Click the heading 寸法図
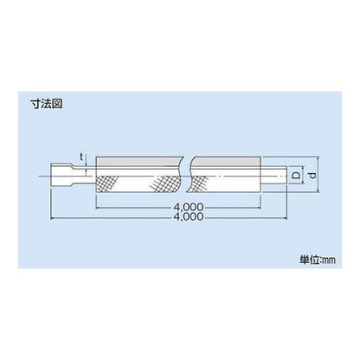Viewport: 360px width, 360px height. tap(47, 104)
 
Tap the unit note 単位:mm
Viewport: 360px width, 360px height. tap(318, 260)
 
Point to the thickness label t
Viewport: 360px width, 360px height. tap(81, 157)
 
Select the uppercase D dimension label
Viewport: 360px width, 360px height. tap(295, 175)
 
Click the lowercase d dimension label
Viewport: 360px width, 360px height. tap(312, 175)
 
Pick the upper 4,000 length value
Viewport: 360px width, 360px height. tap(189, 207)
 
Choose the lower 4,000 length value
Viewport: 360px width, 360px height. tap(189, 216)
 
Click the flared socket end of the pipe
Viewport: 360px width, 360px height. tap(60, 176)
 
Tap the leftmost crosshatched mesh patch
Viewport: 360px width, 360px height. tap(106, 184)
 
